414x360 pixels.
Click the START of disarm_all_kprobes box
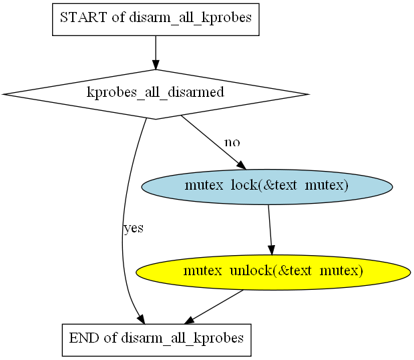click(156, 19)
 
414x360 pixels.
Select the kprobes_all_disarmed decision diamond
click(156, 94)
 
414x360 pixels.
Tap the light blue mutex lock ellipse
click(267, 187)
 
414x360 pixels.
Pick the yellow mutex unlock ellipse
click(273, 273)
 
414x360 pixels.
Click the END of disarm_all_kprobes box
click(156, 340)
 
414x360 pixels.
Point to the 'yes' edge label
click(134, 228)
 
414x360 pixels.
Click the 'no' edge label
click(232, 143)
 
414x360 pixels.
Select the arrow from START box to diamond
click(156, 53)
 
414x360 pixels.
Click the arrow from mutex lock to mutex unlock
click(270, 230)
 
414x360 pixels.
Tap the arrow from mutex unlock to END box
click(214, 307)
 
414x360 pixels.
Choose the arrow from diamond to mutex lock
click(213, 142)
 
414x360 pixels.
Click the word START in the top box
click(83, 17)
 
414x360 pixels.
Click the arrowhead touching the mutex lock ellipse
click(242, 165)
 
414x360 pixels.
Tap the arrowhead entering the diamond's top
click(156, 65)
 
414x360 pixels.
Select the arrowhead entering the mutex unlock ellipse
click(271, 250)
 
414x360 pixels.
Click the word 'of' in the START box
click(118, 17)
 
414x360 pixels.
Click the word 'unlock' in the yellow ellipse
click(251, 271)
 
